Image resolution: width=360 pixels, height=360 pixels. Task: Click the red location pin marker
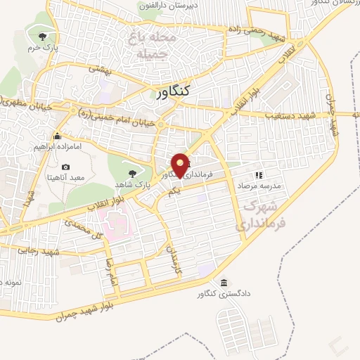(x=180, y=165)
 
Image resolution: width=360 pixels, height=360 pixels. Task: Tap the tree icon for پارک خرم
(x=43, y=37)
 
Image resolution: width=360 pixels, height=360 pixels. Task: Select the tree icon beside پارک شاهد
(x=131, y=172)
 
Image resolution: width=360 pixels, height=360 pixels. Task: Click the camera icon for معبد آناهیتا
(x=65, y=167)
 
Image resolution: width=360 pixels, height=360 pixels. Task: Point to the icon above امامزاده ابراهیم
(x=57, y=136)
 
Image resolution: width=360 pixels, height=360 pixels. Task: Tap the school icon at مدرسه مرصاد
(x=258, y=174)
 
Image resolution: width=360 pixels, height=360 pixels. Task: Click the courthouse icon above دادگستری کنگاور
(x=224, y=283)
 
